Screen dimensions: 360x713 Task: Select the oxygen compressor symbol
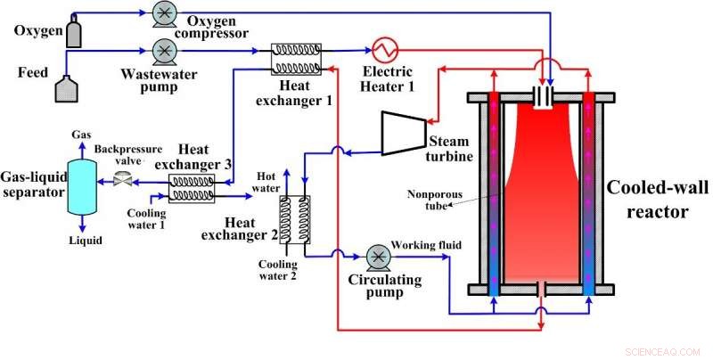(164, 14)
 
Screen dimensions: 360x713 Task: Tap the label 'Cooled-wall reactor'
(655, 200)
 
